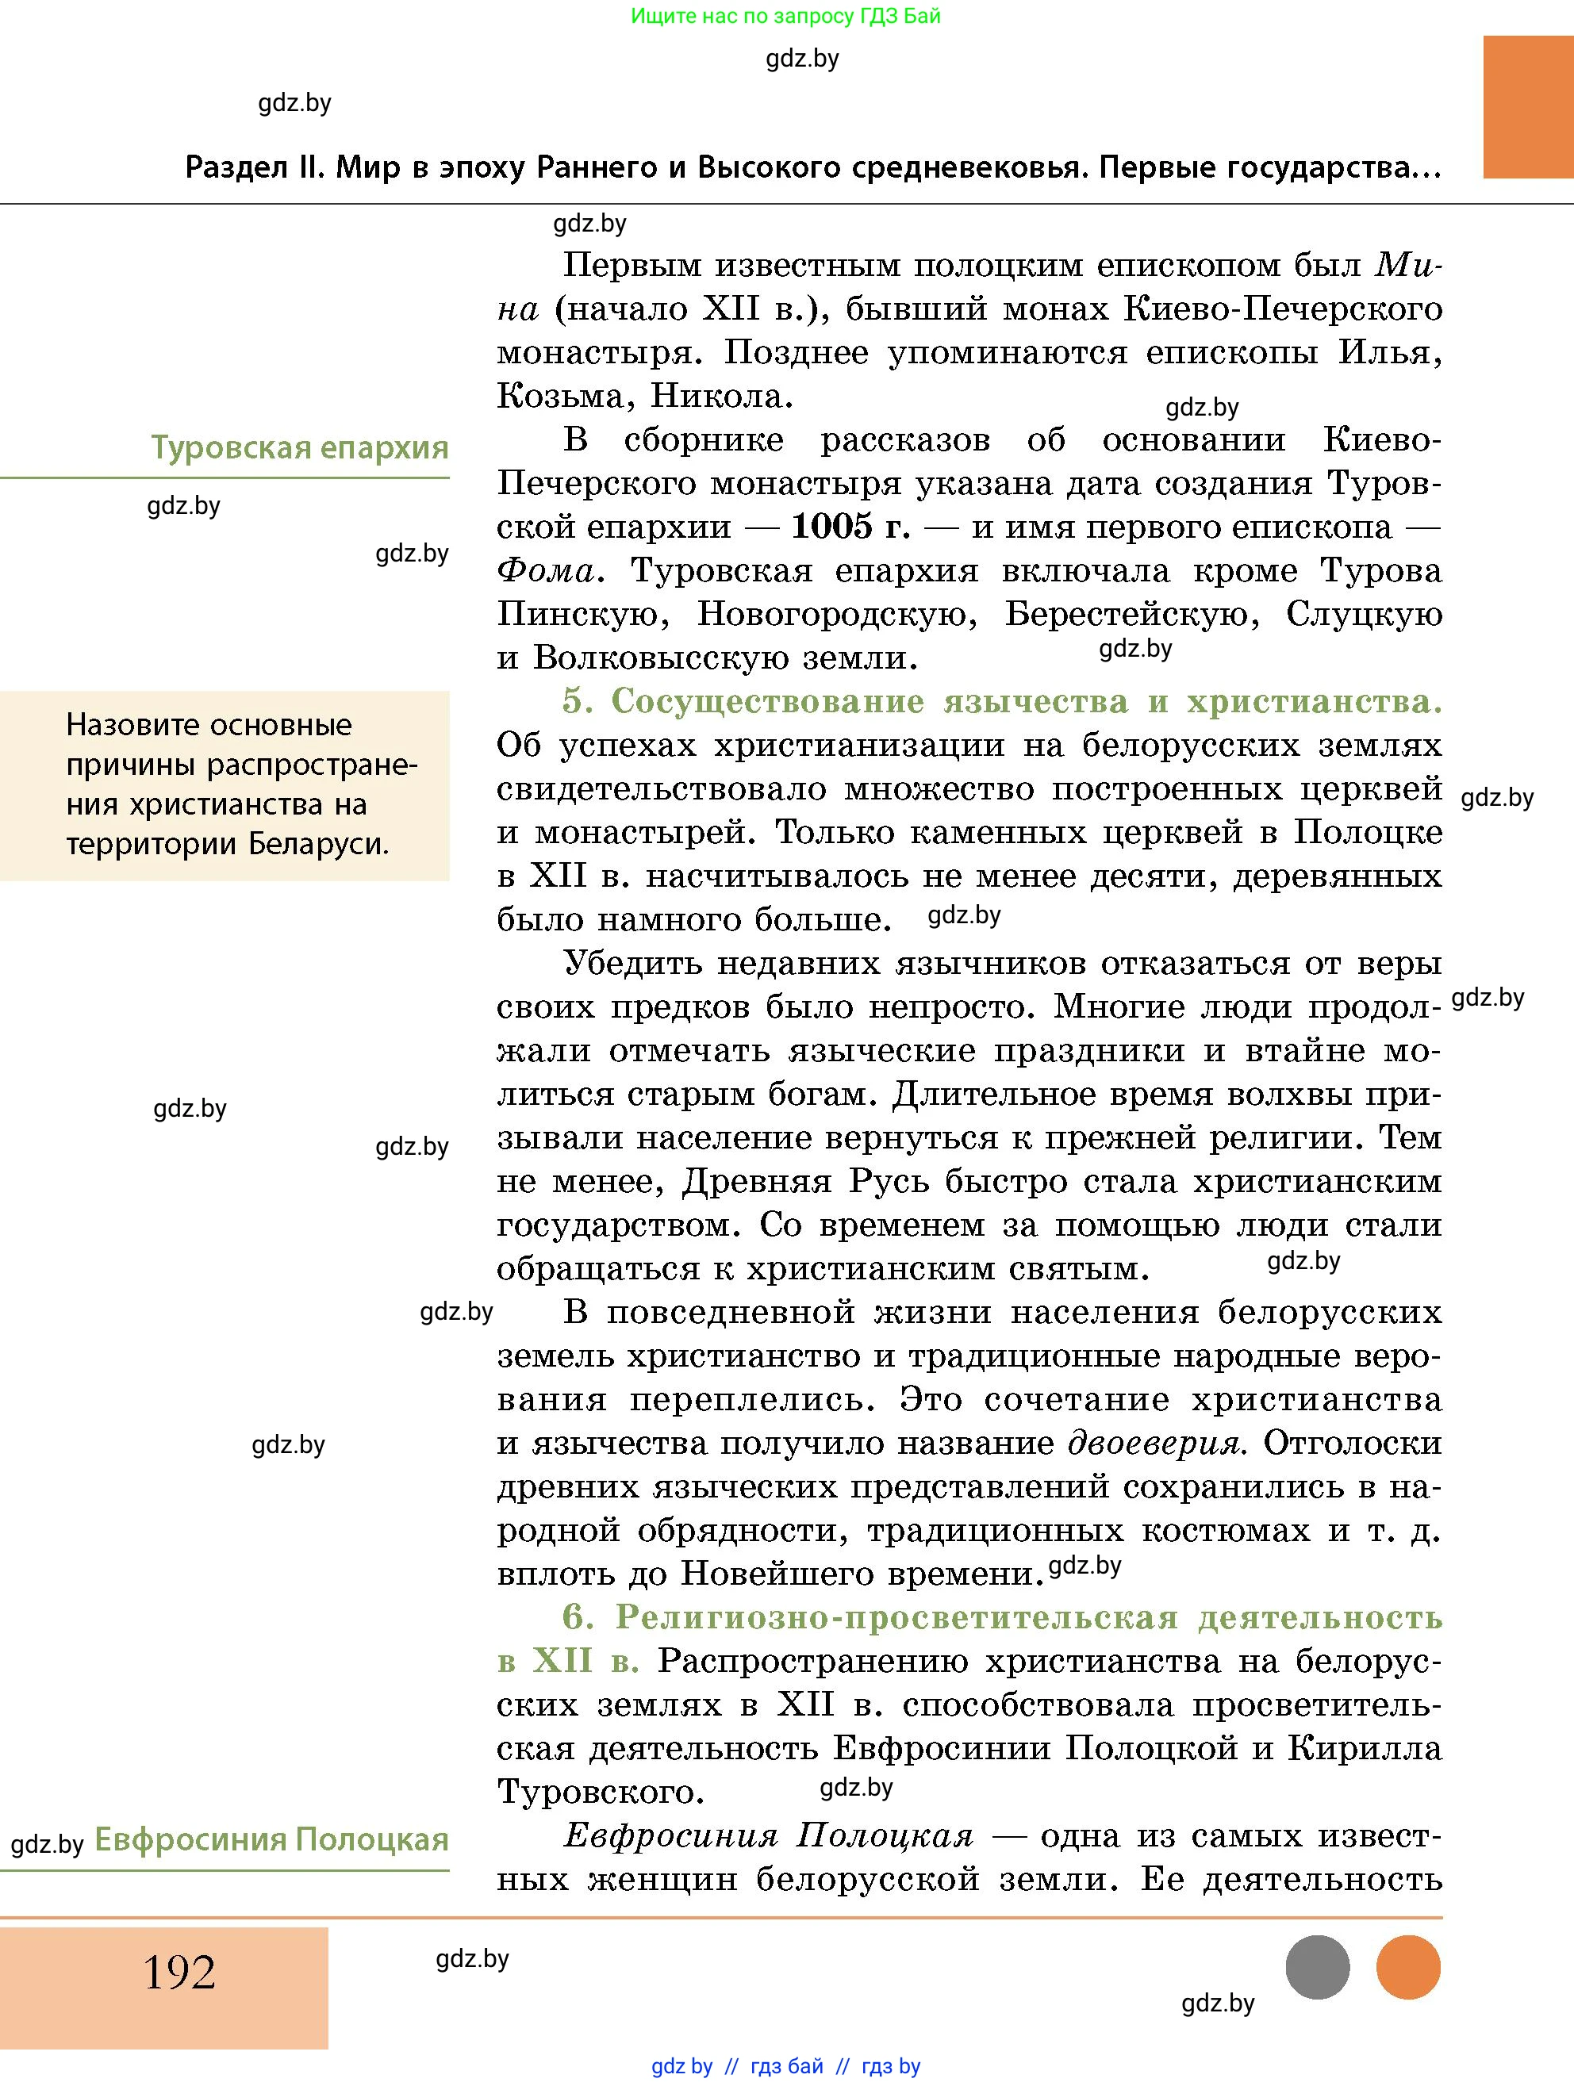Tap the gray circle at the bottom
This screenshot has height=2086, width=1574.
tap(1318, 1967)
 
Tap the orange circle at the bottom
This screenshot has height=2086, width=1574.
tap(1408, 1967)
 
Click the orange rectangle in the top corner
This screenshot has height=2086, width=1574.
tap(1528, 106)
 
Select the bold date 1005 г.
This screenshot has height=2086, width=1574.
tap(850, 526)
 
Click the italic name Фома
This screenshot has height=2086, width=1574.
tap(546, 570)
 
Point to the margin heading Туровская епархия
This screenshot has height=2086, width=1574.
tap(300, 447)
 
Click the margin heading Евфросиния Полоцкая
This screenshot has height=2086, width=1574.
tap(271, 1839)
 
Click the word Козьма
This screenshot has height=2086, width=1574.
tap(560, 396)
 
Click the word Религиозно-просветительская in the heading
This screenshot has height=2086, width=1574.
tap(896, 1617)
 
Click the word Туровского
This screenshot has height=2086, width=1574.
tap(600, 1792)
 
